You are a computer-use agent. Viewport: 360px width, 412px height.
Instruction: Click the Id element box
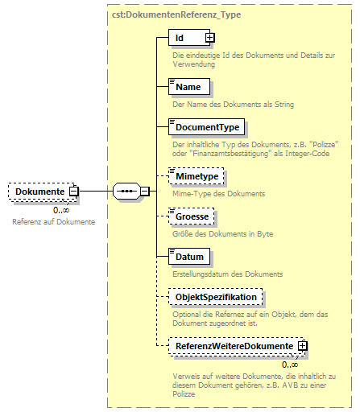pos(186,37)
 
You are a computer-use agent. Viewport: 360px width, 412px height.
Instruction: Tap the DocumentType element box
pos(205,126)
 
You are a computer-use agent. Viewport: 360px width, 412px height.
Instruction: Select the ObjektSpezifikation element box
pos(215,297)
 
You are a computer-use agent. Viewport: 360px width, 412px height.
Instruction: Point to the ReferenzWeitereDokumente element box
pos(233,346)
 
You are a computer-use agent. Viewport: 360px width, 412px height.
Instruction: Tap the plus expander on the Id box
pos(209,37)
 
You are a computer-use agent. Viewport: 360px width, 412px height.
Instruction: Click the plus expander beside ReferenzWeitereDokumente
pos(303,346)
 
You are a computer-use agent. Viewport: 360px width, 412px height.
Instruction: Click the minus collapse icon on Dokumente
pos(73,192)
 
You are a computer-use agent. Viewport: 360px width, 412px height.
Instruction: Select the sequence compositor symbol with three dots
pos(126,192)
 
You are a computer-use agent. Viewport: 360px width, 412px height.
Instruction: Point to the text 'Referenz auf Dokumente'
pos(53,221)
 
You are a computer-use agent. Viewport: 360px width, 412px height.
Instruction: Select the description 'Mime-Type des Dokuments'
pos(218,194)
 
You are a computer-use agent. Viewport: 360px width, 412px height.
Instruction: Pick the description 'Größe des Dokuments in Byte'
pos(225,234)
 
